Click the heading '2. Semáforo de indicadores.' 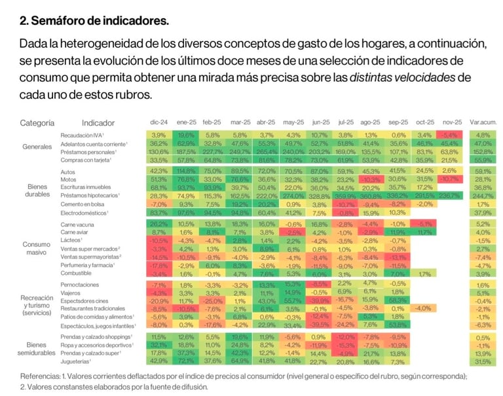94,21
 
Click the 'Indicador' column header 98,122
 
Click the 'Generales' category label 37,147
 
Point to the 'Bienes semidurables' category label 37,348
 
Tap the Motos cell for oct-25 425,179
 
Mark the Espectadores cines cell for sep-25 398,300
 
